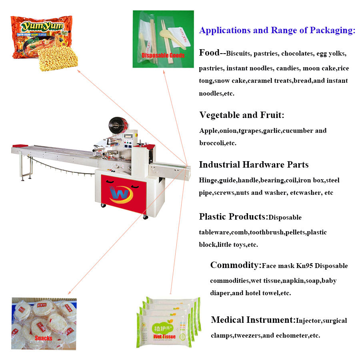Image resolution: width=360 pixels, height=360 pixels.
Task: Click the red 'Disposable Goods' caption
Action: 163,55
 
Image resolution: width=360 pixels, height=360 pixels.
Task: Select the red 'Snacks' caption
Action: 43,338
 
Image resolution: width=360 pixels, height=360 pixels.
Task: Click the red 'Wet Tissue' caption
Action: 164,336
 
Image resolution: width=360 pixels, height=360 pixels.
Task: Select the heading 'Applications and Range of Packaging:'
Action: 277,30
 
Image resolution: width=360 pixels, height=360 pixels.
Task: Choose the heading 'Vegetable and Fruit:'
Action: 242,115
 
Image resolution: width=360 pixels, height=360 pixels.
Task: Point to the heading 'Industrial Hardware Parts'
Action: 254,164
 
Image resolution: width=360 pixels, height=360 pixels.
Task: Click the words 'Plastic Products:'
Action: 233,217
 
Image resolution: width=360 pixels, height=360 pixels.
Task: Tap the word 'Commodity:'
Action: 236,265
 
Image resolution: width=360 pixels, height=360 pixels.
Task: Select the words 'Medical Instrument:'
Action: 253,320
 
